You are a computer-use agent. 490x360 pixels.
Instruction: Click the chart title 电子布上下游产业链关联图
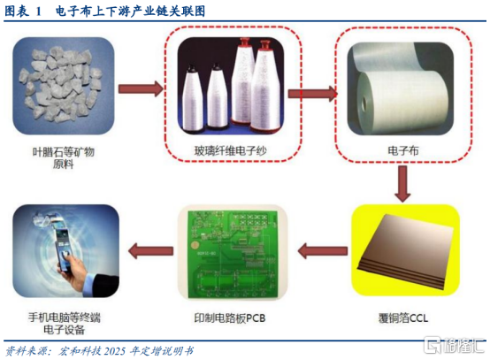tap(130, 11)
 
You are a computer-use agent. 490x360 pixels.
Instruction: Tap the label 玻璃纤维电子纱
tap(230, 151)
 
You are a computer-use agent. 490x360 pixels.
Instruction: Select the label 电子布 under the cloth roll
tap(403, 151)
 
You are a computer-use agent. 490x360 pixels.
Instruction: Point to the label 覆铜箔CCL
tap(403, 318)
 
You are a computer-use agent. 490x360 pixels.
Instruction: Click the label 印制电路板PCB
tap(230, 318)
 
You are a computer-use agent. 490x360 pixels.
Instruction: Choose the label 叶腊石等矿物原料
tap(64, 157)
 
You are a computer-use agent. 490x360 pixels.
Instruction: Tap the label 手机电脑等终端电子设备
tap(65, 324)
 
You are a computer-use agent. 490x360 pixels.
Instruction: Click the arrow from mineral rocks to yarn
tap(141, 89)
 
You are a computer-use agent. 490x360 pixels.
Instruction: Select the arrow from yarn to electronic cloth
tap(312, 94)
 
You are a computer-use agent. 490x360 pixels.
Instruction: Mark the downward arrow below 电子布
tap(402, 184)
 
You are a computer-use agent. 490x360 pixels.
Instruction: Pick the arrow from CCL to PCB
tap(323, 250)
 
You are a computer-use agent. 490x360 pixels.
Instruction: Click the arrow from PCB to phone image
tap(150, 250)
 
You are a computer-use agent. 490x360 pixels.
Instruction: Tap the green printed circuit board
tap(233, 254)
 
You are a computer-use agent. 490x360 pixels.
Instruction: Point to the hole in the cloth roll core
tap(364, 104)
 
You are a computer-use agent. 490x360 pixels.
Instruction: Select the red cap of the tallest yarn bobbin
tap(245, 42)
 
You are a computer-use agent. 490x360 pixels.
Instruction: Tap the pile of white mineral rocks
tap(60, 83)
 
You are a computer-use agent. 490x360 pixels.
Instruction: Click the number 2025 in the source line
tap(115, 351)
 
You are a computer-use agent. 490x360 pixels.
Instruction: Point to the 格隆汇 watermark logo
tap(454, 345)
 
